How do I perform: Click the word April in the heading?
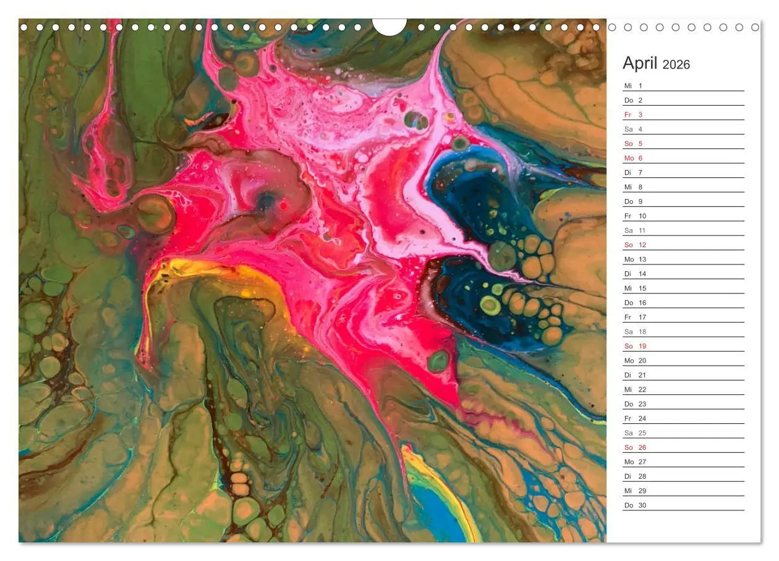pyautogui.click(x=641, y=63)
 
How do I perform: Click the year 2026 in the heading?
pyautogui.click(x=676, y=64)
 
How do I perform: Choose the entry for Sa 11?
pyautogui.click(x=634, y=230)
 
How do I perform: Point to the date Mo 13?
pyautogui.click(x=635, y=259)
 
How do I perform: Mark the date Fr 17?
pyautogui.click(x=635, y=318)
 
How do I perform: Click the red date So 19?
pyautogui.click(x=635, y=347)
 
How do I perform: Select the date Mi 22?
pyautogui.click(x=635, y=390)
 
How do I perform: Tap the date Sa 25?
pyautogui.click(x=635, y=433)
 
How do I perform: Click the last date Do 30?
pyautogui.click(x=635, y=505)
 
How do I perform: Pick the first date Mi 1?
pyautogui.click(x=633, y=86)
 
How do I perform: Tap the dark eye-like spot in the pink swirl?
pyautogui.click(x=267, y=201)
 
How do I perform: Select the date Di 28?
pyautogui.click(x=635, y=476)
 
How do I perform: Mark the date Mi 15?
pyautogui.click(x=635, y=289)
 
